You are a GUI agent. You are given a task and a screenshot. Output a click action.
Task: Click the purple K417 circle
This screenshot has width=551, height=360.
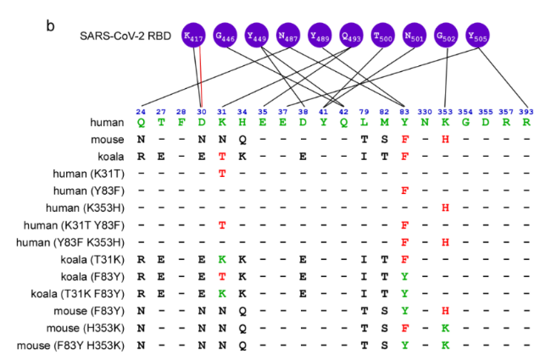point(193,35)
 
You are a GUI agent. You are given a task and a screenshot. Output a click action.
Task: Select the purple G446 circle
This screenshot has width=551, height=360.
point(225,35)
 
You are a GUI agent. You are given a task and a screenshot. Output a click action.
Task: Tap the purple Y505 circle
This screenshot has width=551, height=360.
point(477,35)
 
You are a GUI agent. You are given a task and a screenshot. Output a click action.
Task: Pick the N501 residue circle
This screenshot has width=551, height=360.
point(415,35)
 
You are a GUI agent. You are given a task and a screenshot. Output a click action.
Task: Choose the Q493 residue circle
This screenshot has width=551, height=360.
point(352,35)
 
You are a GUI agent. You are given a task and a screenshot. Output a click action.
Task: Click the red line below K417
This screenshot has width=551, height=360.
point(201,76)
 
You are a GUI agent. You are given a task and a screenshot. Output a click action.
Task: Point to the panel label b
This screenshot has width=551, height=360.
point(50,25)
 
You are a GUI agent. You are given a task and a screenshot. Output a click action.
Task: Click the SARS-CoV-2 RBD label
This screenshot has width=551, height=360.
point(125,36)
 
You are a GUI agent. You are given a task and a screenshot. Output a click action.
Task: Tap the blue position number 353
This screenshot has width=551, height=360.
point(445,112)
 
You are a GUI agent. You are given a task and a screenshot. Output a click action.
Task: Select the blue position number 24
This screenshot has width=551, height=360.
point(141,112)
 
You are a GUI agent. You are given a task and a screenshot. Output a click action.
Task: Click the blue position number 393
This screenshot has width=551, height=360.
point(526,112)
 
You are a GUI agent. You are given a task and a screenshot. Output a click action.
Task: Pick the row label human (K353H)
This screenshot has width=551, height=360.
point(85,208)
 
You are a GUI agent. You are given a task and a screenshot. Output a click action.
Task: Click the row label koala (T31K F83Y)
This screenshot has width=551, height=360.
point(78,294)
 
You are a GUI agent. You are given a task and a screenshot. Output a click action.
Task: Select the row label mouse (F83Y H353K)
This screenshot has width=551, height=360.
point(70,346)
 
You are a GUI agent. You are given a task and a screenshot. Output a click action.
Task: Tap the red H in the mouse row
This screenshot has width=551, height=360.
point(445,140)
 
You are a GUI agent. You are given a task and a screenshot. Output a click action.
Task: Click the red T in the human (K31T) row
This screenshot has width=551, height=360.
point(222,174)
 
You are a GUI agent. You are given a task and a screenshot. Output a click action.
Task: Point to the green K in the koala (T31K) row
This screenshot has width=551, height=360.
point(222,259)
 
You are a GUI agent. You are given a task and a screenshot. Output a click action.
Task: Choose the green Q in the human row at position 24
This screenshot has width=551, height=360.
point(141,123)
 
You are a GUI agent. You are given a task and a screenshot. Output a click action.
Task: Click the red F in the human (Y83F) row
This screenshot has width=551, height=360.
point(404,191)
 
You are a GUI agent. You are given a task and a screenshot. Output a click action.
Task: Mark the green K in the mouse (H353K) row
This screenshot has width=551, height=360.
point(445,328)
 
